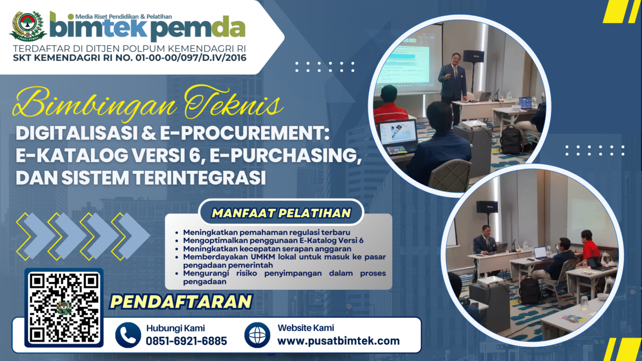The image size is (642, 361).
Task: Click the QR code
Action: tap(64, 308)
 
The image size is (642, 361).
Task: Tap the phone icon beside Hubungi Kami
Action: tap(128, 335)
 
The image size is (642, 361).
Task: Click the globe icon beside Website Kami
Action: tap(257, 335)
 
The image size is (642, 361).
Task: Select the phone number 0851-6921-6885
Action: tap(186, 341)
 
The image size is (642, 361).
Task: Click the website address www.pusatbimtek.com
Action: tap(338, 341)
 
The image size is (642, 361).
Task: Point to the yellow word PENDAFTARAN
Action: tap(181, 301)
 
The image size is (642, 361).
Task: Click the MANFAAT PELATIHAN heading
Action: tap(281, 213)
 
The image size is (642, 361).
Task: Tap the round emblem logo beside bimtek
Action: tap(28, 26)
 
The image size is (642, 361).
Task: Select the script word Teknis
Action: tap(234, 103)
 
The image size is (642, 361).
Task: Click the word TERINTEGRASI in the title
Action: tap(200, 178)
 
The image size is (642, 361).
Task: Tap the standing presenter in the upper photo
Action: tap(452, 86)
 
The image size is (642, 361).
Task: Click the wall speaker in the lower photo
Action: tap(487, 207)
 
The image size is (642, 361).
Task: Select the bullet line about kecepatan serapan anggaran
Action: tap(267, 249)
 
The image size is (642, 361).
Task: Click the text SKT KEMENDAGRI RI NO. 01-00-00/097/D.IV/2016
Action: tap(129, 58)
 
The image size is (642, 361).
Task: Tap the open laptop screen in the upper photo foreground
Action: tap(399, 132)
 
